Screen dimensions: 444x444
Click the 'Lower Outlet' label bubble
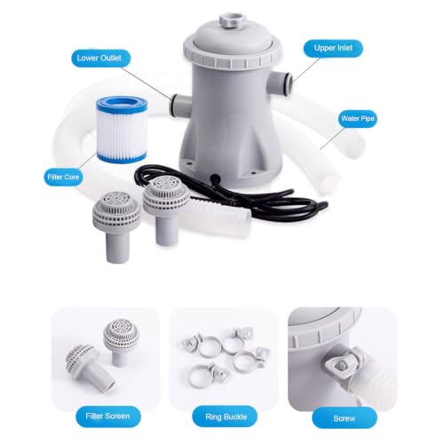100,58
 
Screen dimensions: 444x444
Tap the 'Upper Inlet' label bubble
333,48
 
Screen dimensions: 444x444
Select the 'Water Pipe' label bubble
358,119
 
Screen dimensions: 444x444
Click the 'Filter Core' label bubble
63,177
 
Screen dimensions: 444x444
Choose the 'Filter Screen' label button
107,416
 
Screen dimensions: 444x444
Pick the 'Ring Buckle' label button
226,416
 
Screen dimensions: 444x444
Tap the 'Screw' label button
345,418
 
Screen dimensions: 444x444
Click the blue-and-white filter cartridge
122,130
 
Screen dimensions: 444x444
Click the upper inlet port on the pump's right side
281,83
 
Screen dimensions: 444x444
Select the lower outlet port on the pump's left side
181,105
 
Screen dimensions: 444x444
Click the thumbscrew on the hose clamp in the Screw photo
340,365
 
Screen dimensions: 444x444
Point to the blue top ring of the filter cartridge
122,105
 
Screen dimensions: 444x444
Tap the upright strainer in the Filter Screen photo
121,341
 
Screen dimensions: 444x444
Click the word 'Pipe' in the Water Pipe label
367,119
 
